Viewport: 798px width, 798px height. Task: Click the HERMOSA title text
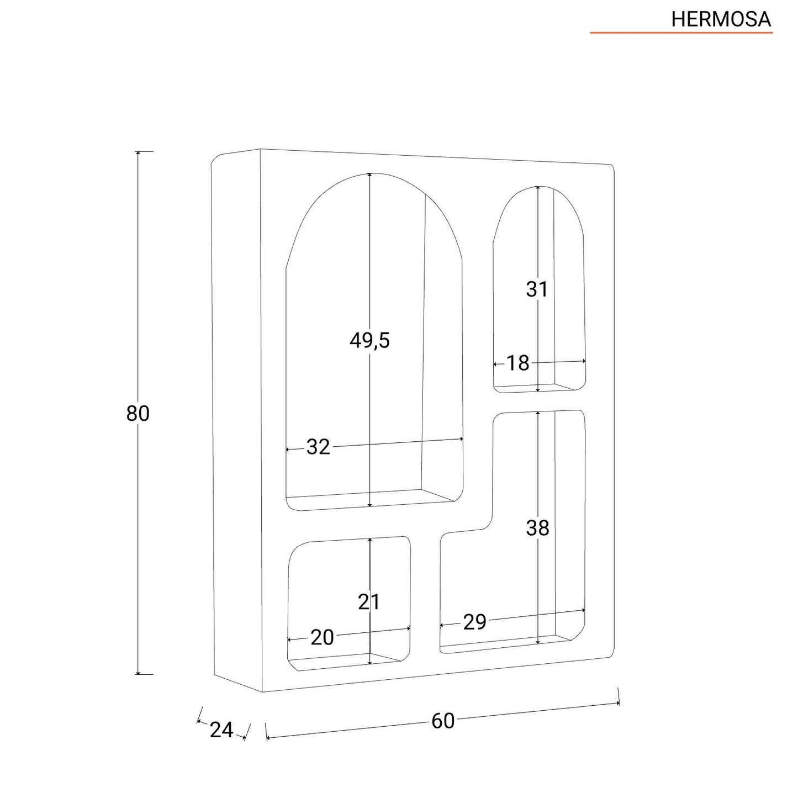pos(721,19)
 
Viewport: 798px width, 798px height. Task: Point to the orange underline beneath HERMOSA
pos(681,32)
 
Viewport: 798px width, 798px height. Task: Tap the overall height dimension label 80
pos(138,413)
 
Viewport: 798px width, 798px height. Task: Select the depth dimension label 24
pos(221,730)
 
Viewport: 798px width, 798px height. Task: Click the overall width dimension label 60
pos(443,721)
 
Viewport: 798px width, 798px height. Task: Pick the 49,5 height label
pos(370,341)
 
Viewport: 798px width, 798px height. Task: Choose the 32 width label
pos(318,447)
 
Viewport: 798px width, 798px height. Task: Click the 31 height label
pos(537,289)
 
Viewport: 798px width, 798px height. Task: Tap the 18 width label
pos(518,363)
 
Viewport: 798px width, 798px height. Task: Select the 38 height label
pos(537,528)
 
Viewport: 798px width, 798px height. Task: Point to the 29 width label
pos(474,622)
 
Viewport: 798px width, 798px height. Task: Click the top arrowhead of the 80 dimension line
pos(138,153)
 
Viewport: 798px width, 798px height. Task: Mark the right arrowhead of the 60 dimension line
pos(617,703)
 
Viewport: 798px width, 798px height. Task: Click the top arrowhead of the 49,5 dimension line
pos(370,175)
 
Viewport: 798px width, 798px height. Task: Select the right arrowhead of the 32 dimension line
pos(461,439)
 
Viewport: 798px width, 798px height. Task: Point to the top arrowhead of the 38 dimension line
pos(537,414)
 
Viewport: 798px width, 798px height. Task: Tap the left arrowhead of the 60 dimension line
pos(268,738)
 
